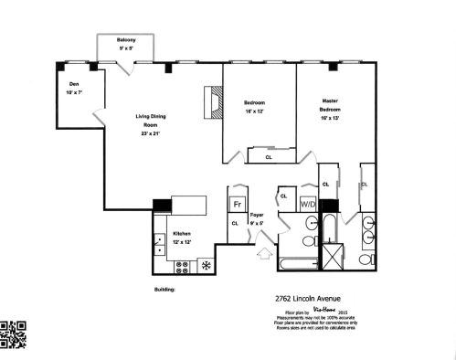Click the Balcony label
(x=126, y=41)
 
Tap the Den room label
(x=72, y=85)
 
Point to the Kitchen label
(x=183, y=235)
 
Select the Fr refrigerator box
(x=237, y=204)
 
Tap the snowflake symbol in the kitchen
(x=206, y=267)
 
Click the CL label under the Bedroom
(x=268, y=156)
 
